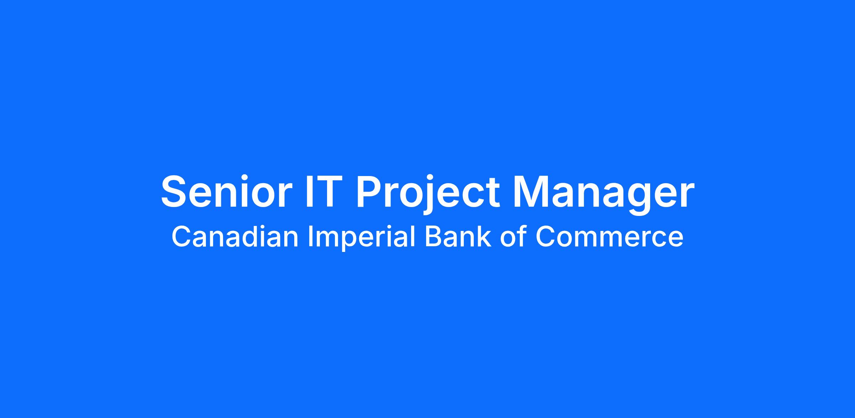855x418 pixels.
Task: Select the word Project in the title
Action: (x=428, y=194)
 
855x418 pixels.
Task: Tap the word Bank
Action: (x=458, y=237)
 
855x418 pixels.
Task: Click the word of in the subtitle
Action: (x=513, y=237)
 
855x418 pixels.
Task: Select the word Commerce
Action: (x=609, y=237)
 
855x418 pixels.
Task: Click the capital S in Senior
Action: (x=175, y=191)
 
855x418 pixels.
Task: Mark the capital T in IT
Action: (x=326, y=191)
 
